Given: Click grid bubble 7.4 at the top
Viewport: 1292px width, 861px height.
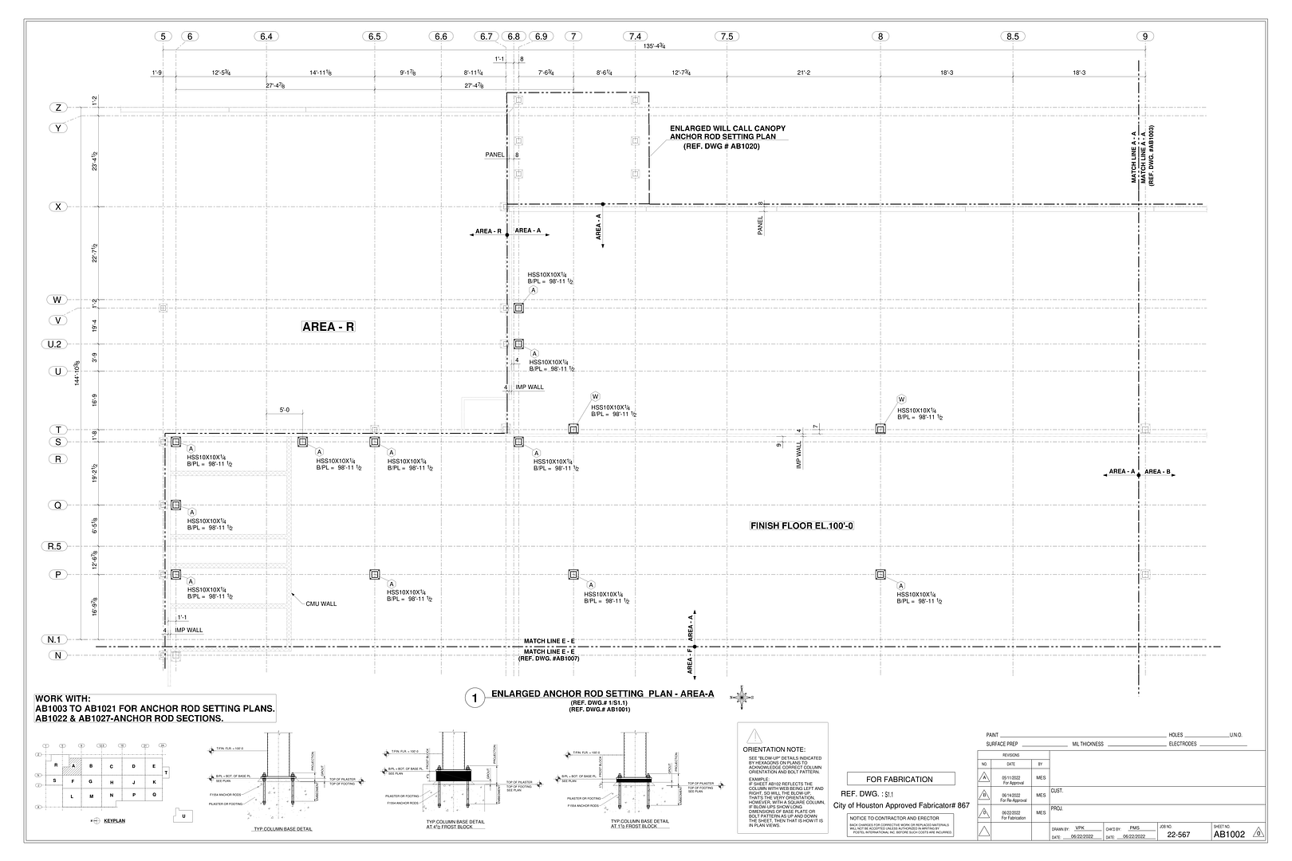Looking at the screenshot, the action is (x=635, y=37).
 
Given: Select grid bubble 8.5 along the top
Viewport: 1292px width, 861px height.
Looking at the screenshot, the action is (x=1012, y=37).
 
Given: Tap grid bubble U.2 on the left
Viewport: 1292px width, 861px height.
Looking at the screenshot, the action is (x=57, y=344).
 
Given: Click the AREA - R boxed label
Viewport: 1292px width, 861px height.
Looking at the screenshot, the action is (x=328, y=327).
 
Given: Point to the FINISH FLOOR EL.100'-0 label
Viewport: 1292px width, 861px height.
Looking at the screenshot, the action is (x=802, y=526).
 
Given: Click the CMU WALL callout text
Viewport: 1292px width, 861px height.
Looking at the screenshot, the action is (x=321, y=603).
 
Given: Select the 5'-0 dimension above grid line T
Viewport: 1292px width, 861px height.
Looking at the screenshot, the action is (x=284, y=411).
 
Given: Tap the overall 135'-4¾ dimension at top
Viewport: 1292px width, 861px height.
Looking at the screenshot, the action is (x=655, y=47).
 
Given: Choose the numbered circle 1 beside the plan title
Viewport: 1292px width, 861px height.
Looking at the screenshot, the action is (x=475, y=699).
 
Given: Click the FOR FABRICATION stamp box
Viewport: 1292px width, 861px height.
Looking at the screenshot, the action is (x=899, y=779).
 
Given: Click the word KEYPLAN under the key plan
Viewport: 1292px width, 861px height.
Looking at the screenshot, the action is (x=115, y=820).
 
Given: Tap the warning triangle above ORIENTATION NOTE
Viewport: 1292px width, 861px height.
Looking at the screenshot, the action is (x=754, y=736).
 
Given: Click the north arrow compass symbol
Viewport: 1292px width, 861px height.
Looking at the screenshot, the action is (x=741, y=698).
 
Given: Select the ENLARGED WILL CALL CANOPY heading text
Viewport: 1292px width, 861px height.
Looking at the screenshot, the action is (x=727, y=128).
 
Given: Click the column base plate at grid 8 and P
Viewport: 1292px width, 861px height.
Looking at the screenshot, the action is (x=880, y=574).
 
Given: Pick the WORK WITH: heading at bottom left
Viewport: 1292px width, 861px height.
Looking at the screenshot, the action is (x=63, y=698).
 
